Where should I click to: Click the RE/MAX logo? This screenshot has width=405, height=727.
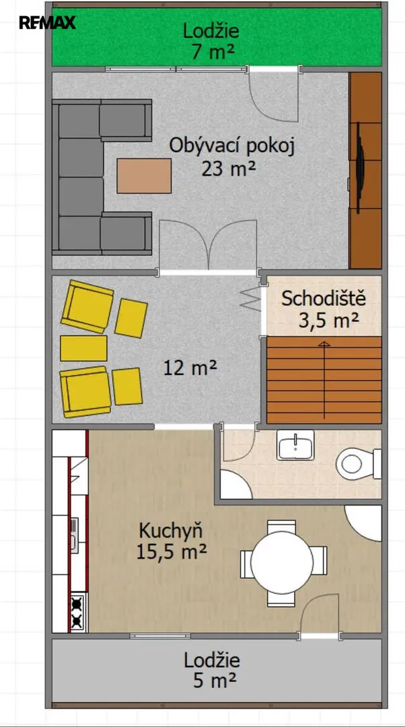(47, 22)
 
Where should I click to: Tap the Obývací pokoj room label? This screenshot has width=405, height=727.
(231, 145)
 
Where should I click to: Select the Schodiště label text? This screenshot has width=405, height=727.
(324, 298)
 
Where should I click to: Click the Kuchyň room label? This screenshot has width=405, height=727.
(171, 529)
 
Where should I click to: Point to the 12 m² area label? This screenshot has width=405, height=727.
(190, 369)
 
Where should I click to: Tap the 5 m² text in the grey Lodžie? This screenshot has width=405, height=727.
(212, 680)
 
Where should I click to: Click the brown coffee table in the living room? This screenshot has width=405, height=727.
(144, 176)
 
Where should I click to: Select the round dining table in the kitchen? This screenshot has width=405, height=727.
(282, 562)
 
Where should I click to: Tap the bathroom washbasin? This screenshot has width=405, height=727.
(295, 445)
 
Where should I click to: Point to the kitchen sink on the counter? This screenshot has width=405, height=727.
(74, 535)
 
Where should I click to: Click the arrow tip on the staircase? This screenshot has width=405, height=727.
(324, 343)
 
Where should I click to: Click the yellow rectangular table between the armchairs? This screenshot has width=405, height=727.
(84, 348)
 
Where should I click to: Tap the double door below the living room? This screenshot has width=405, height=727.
(208, 246)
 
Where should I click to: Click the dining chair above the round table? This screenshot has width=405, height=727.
(282, 526)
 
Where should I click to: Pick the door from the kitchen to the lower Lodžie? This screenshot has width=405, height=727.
(320, 616)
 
